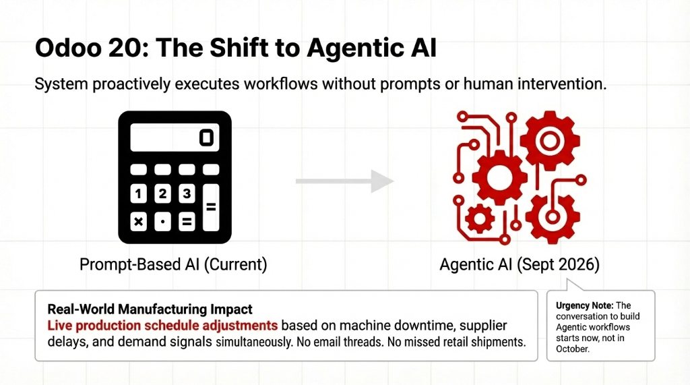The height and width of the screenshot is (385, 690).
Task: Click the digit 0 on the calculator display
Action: coord(206,138)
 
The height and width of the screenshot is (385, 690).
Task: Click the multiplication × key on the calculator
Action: coord(139,221)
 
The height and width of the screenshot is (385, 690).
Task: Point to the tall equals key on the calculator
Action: coord(210,208)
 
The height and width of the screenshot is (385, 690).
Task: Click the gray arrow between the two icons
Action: coord(344,181)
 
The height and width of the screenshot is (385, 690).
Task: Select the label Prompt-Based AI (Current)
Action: coord(173,264)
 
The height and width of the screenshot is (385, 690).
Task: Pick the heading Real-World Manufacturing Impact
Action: coord(150,309)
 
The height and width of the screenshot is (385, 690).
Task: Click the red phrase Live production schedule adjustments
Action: coord(163,325)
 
